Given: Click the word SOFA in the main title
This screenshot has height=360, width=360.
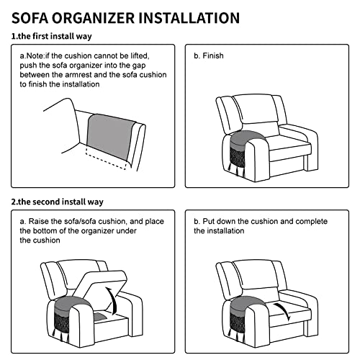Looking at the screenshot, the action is coord(29,18).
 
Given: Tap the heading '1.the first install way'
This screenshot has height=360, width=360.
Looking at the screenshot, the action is coord(52,36).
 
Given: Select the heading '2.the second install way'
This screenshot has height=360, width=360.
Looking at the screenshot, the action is coord(58,202).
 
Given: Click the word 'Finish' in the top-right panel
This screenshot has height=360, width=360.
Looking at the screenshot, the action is coord(213,55).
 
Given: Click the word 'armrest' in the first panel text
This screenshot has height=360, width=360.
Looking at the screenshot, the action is coord(78,75).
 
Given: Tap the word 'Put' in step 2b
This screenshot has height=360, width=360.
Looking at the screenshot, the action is coord(207,221).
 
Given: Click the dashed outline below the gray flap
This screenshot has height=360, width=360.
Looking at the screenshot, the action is coord(106,158).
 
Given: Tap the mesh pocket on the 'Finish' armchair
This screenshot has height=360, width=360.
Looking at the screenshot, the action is coord(238,156).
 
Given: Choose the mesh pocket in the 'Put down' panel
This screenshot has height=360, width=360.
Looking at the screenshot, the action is coord(238,322).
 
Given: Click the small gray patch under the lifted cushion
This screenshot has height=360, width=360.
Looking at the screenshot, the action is coord(100,316).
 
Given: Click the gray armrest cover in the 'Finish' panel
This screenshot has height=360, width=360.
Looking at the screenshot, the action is coord(245,139).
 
